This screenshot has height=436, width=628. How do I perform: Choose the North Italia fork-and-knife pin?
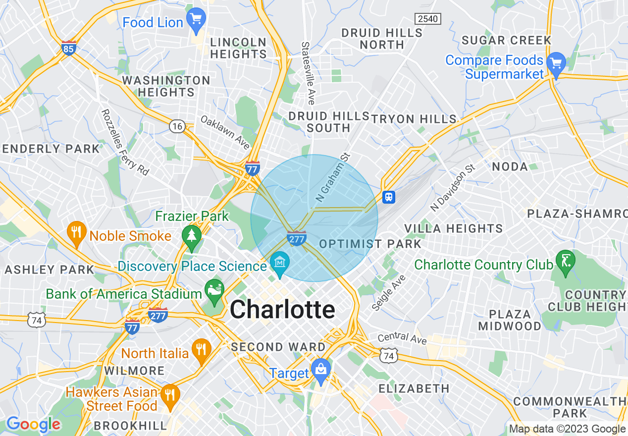[201, 349]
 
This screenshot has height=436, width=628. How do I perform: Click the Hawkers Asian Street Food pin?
[169, 395]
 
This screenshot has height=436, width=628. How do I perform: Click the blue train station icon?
[389, 197]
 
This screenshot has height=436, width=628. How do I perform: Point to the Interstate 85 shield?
[69, 48]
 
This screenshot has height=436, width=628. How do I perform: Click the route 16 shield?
[177, 127]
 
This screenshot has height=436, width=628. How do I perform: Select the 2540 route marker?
[427, 19]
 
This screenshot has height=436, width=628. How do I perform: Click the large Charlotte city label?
[282, 310]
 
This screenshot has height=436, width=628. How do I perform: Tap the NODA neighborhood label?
[510, 167]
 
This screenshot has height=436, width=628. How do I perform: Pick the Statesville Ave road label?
[308, 73]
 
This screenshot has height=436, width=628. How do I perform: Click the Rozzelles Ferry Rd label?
[125, 142]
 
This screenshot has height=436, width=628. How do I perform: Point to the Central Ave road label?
[402, 338]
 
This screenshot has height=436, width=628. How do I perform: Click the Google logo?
[33, 425]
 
